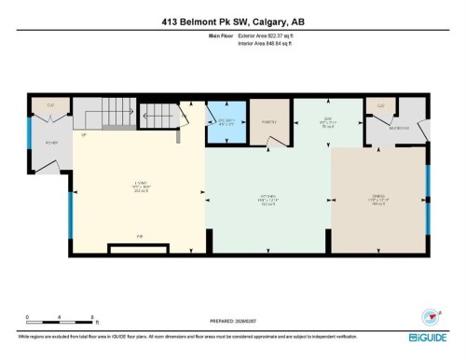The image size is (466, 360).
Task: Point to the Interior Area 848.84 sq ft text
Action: click(x=266, y=43)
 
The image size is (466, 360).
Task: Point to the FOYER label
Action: click(x=51, y=142)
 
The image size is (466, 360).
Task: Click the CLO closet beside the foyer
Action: click(x=51, y=105)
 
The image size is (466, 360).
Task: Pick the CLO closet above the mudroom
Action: click(x=381, y=105)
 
